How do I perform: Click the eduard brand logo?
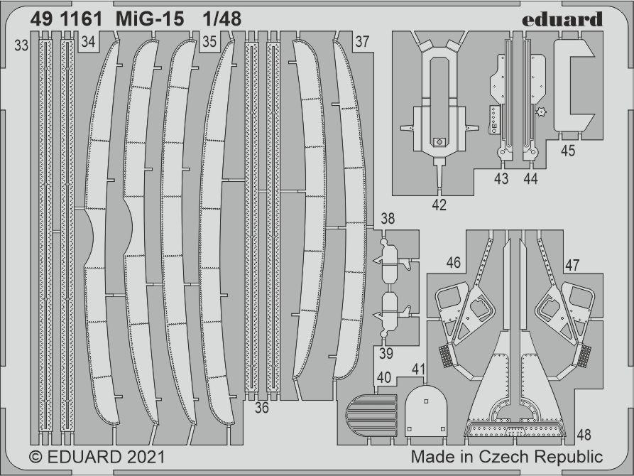(562, 19)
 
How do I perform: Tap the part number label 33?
(21, 45)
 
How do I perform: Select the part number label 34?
(88, 41)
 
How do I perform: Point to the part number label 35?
(209, 41)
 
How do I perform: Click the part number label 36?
(261, 407)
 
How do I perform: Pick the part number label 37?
(362, 41)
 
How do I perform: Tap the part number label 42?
(439, 205)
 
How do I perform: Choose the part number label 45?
(568, 151)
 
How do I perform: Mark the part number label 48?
(584, 434)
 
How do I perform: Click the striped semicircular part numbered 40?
(371, 414)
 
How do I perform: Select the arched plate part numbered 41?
(426, 411)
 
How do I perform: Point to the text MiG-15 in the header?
(150, 19)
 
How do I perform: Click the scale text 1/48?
(222, 19)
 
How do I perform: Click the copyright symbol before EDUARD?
(35, 458)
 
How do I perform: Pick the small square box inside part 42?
(439, 142)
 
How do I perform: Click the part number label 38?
(388, 219)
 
